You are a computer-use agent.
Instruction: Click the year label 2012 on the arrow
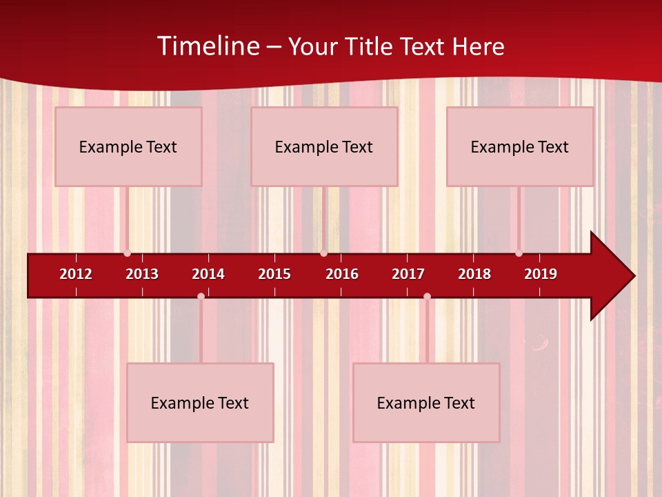click(x=76, y=274)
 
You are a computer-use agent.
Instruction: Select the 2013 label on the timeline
click(x=142, y=274)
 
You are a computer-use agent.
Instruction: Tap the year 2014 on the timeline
click(x=208, y=274)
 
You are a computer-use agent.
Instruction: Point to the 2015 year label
click(x=274, y=274)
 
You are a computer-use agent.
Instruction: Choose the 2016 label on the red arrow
click(x=342, y=274)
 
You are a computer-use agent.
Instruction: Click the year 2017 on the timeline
click(x=408, y=274)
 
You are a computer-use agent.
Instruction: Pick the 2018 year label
click(x=474, y=274)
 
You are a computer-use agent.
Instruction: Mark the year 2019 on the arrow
click(x=541, y=274)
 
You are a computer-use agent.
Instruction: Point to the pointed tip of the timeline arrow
click(x=633, y=275)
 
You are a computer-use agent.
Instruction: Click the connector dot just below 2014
click(x=201, y=296)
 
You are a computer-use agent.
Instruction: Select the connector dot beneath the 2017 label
click(x=427, y=296)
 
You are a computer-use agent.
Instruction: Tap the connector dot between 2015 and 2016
click(x=323, y=253)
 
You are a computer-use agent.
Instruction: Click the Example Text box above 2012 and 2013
click(x=128, y=146)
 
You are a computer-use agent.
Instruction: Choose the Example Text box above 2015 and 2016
click(x=324, y=146)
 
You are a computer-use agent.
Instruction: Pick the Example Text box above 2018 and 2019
click(x=520, y=146)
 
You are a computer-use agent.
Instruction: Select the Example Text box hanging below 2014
click(x=200, y=402)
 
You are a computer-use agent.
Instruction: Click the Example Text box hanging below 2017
click(x=426, y=402)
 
